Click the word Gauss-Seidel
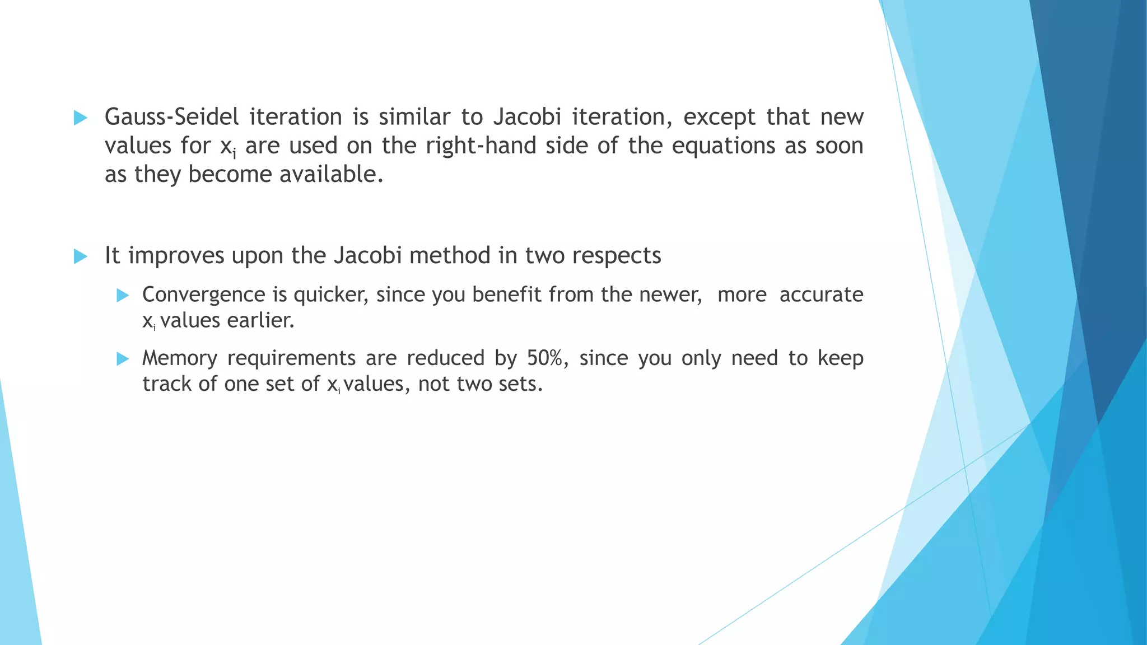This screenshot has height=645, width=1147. pos(171,117)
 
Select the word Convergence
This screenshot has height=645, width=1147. pos(204,295)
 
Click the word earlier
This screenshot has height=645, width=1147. pos(260,321)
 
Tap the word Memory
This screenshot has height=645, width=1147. pos(179,358)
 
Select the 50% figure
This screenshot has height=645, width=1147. pos(547,358)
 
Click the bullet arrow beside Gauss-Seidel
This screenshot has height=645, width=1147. pos(81,118)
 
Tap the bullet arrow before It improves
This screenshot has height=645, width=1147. pos(81,257)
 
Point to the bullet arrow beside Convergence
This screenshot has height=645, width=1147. pos(123,296)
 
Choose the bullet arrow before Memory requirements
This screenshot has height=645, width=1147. pos(123,359)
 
